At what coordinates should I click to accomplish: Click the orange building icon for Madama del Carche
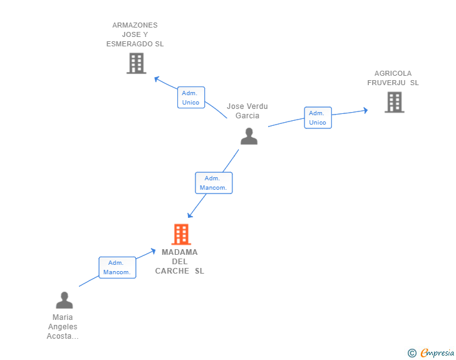181,234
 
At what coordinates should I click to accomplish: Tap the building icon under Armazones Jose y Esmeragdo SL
137,63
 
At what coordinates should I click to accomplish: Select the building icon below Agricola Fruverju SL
395,102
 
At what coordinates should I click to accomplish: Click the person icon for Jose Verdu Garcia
249,136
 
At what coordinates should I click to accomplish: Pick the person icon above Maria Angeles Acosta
65,300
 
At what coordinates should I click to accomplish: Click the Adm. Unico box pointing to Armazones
191,98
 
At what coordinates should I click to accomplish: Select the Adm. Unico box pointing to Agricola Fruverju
318,118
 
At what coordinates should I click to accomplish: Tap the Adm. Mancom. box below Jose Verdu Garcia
214,183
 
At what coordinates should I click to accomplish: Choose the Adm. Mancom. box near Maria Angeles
117,267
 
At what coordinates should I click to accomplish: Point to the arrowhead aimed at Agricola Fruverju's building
365,110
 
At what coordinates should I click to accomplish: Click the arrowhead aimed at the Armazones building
157,79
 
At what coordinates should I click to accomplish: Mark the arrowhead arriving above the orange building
190,215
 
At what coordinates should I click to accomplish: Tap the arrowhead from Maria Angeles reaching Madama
153,251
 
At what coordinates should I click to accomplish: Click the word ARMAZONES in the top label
135,25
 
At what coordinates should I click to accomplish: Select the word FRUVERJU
386,83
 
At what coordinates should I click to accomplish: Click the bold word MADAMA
180,252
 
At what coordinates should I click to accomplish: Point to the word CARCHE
172,271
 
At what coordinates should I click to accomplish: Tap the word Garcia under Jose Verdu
247,116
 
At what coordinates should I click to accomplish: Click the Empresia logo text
437,352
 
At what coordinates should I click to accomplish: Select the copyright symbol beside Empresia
412,353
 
